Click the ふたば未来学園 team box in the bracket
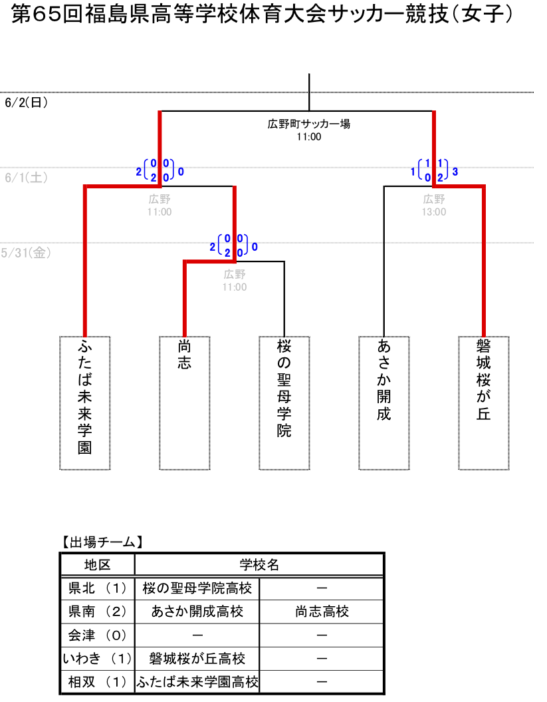(85, 403)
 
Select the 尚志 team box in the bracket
(185, 403)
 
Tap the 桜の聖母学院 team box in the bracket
(284, 403)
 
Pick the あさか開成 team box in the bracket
(384, 403)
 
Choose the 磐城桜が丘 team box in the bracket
(484, 403)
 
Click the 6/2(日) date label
(26, 102)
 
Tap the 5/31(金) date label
(26, 253)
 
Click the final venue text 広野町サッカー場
(309, 124)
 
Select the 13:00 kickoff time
(434, 212)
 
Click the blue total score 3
(455, 172)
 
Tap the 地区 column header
(97, 565)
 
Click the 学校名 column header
(259, 565)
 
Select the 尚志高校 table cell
(322, 612)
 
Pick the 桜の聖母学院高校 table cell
(197, 588)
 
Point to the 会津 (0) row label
(97, 635)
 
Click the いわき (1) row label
(97, 659)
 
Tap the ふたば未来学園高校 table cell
(197, 682)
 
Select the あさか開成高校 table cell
(197, 612)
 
